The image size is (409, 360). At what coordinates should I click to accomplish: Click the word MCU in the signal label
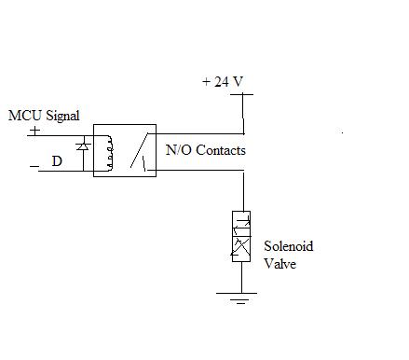25,116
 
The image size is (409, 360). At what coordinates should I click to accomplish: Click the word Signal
62,117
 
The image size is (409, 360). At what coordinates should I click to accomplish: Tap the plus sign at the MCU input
35,131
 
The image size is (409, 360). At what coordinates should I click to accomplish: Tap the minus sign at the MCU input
34,167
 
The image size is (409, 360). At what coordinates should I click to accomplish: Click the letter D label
57,161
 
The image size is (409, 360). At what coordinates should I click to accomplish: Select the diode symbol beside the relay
83,146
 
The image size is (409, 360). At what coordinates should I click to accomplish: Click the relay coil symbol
108,153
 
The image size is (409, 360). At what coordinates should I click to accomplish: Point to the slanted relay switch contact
139,150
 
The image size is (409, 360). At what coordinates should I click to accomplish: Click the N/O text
179,150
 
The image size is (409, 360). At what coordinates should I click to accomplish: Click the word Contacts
221,150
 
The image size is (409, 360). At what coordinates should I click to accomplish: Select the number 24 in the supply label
222,81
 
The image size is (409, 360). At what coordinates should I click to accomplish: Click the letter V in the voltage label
238,81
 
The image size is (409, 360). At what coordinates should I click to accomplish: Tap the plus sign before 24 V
207,82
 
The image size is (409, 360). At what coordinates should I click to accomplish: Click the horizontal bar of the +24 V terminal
241,94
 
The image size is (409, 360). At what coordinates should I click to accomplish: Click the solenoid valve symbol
241,236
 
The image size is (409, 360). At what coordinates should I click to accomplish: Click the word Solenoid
289,246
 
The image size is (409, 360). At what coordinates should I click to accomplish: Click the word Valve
279,264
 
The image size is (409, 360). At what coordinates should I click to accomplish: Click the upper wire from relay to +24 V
200,134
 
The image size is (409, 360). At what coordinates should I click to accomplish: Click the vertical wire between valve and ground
241,277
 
